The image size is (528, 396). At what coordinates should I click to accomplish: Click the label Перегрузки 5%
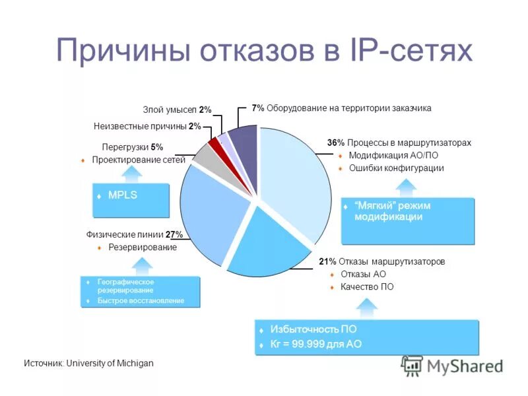pyautogui.click(x=132, y=147)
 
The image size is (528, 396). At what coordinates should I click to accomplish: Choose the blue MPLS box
pyautogui.click(x=131, y=201)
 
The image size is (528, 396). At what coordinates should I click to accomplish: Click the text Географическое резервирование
pyautogui.click(x=125, y=286)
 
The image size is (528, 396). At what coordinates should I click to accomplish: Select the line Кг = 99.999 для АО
pyautogui.click(x=315, y=344)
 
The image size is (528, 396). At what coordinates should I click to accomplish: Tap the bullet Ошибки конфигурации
pyautogui.click(x=396, y=168)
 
